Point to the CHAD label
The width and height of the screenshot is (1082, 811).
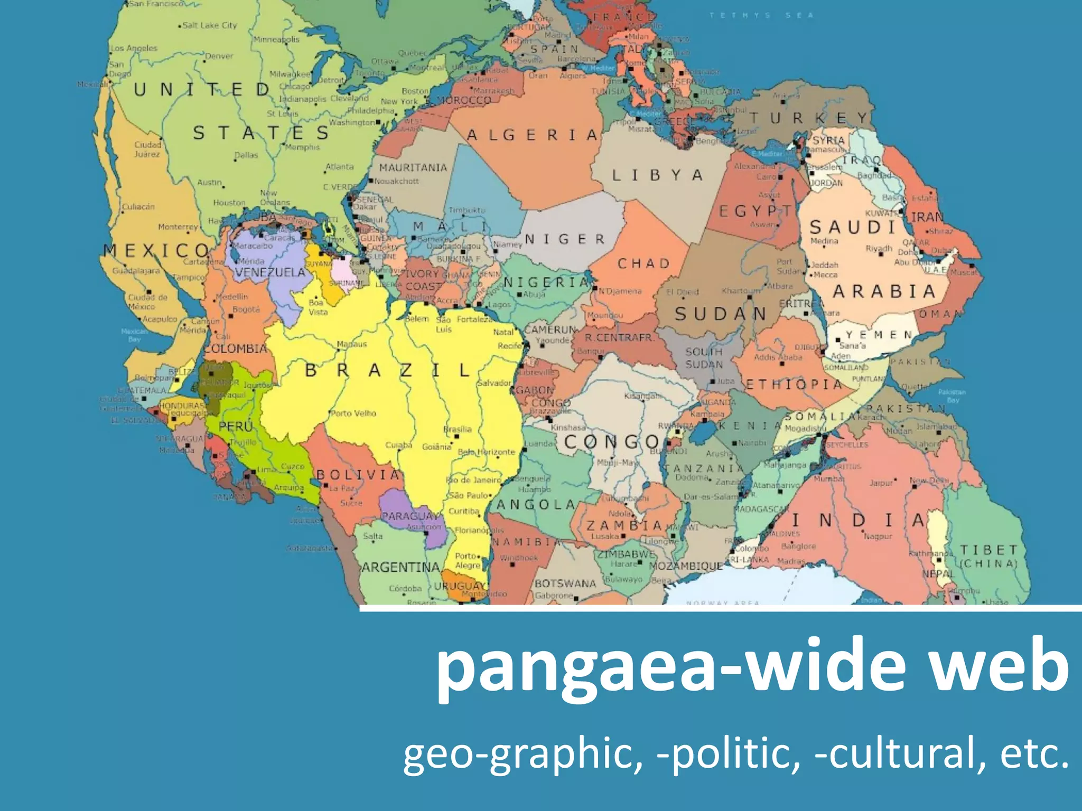tap(643, 263)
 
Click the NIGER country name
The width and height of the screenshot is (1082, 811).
tap(564, 239)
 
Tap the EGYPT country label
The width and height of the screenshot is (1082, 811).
tap(755, 211)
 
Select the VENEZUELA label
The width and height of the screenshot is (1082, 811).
tap(270, 272)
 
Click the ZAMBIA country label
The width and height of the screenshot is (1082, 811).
tap(624, 525)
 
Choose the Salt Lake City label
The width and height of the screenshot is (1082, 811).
tap(209, 25)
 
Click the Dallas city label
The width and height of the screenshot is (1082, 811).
tap(246, 155)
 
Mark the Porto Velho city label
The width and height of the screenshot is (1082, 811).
tap(353, 413)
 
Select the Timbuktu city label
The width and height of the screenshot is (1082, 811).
tap(467, 210)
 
